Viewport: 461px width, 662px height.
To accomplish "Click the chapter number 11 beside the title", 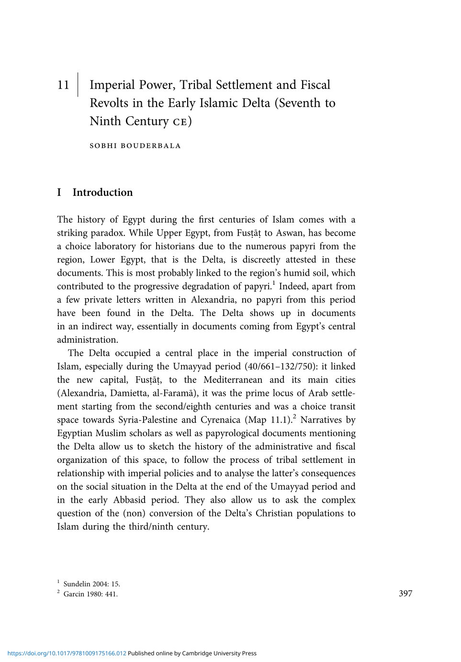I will pyautogui.click(x=63, y=85).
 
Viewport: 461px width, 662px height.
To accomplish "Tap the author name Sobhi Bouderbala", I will pyautogui.click(x=135, y=146).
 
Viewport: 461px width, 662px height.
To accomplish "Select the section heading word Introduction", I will pyautogui.click(x=102, y=192).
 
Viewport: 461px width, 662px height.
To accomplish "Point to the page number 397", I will pyautogui.click(x=405, y=594).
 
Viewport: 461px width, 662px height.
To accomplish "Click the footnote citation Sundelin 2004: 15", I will pyautogui.click(x=91, y=584).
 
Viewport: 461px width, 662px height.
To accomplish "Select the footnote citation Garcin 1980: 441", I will pyautogui.click(x=90, y=594).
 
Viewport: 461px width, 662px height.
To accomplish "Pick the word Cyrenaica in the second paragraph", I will pyautogui.click(x=220, y=420).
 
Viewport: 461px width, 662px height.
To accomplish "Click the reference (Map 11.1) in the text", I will pyautogui.click(x=269, y=420).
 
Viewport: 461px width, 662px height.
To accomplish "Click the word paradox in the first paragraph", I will pyautogui.click(x=108, y=233).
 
